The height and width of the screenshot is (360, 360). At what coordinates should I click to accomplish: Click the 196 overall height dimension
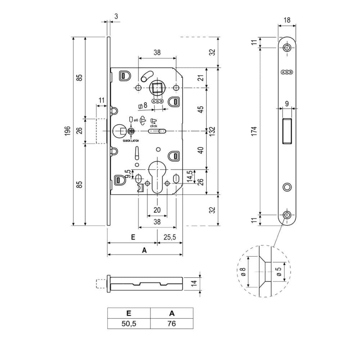click(x=67, y=132)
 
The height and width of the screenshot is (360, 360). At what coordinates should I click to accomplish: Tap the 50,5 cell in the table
click(x=129, y=324)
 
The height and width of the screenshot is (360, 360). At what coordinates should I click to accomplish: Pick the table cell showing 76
click(x=172, y=324)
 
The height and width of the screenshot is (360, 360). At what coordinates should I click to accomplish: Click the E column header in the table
click(x=129, y=313)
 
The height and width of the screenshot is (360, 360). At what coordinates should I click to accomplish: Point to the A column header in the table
click(x=172, y=313)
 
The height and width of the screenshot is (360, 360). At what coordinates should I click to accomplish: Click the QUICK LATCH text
click(x=131, y=141)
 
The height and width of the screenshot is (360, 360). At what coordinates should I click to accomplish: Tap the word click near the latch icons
click(x=154, y=126)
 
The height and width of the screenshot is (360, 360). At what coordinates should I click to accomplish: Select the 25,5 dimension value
click(x=170, y=238)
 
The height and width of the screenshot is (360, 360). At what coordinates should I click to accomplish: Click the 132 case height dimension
click(x=212, y=132)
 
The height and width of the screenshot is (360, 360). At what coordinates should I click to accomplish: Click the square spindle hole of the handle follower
click(x=157, y=87)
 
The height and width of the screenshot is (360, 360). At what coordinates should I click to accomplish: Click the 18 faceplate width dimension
click(x=287, y=20)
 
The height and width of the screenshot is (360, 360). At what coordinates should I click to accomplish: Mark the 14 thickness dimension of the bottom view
click(x=194, y=284)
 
